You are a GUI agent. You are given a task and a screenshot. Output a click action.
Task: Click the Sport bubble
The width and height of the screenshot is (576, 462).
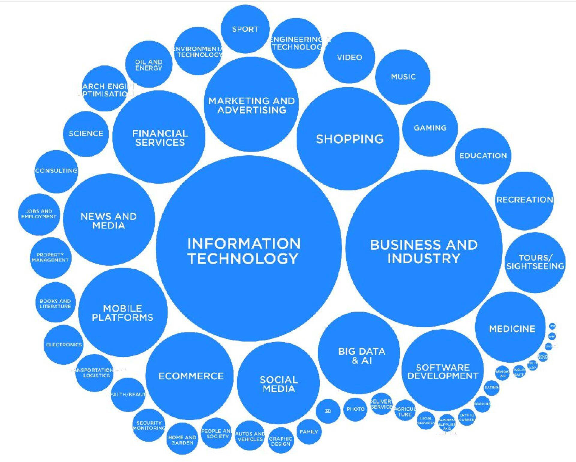[x=245, y=29]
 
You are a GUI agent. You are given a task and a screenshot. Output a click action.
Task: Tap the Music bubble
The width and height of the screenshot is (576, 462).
[x=403, y=77]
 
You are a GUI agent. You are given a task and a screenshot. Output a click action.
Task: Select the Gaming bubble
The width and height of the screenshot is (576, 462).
[x=430, y=128]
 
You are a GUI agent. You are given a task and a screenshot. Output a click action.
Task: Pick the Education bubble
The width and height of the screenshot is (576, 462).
[x=483, y=156]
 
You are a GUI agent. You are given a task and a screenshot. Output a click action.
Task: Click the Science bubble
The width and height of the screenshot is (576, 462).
[x=86, y=133]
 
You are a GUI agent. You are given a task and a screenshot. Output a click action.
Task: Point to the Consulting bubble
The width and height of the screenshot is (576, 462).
[x=56, y=171]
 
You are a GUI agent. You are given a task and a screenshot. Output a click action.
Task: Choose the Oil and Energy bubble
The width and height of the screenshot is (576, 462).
[x=148, y=65]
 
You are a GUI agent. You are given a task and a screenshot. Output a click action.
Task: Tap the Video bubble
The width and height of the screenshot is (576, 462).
[x=349, y=57]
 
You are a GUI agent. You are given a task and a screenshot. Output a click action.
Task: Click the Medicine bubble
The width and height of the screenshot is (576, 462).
[x=512, y=329]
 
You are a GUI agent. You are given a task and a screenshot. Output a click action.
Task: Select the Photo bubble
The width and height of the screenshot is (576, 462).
[x=355, y=409]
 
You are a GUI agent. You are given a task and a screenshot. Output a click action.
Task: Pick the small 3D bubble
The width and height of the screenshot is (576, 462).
[x=328, y=411]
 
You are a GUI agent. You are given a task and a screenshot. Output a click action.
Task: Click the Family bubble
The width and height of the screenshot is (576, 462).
[x=309, y=432]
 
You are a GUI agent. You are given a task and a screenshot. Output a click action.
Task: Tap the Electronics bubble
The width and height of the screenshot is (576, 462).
[x=64, y=345]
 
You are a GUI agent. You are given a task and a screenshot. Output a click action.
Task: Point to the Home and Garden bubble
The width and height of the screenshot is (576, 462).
[x=182, y=440]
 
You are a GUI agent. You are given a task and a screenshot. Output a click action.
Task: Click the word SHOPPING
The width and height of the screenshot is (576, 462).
[x=350, y=139]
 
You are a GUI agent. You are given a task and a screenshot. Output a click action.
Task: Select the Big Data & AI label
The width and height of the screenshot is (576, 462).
[x=361, y=356]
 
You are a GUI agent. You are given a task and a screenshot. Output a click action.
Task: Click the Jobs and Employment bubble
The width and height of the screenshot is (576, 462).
[x=39, y=214]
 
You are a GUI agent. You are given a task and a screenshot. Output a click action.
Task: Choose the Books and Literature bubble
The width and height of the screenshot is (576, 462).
[x=55, y=303]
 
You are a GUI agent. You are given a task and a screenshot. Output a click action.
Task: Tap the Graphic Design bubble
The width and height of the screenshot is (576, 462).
[x=280, y=441]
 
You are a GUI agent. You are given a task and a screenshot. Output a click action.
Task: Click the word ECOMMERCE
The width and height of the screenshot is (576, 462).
[x=191, y=376]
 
